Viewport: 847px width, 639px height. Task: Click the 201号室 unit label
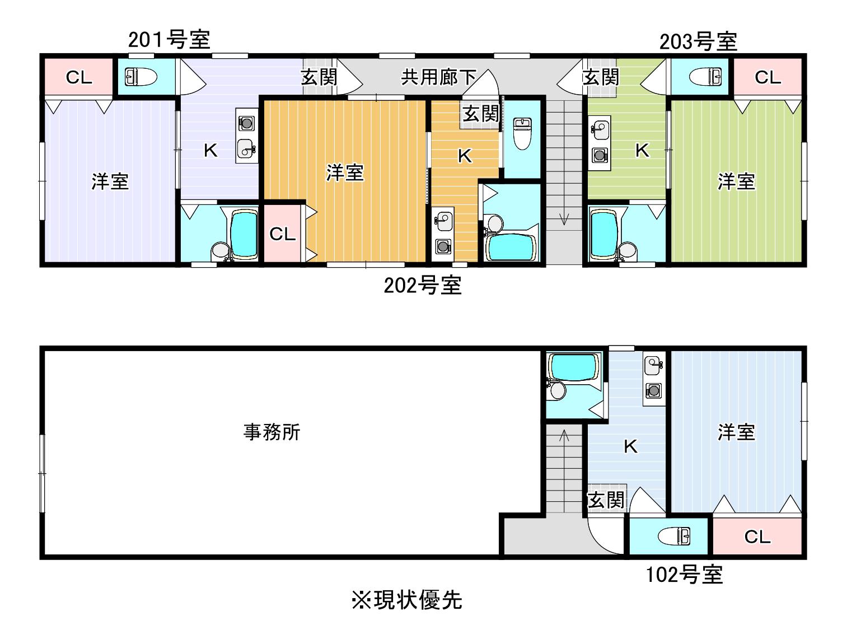pos(169,40)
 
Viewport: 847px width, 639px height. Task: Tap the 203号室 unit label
pos(698,42)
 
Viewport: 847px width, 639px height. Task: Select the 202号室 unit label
pos(423,286)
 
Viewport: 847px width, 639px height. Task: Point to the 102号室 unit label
pos(684,575)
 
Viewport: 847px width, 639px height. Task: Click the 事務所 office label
pos(272,432)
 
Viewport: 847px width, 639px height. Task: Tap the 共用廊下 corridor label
pos(438,77)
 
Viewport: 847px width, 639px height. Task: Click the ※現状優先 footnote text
pos(407,600)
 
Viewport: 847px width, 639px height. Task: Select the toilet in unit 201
pos(141,77)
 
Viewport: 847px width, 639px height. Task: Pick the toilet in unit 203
pos(705,77)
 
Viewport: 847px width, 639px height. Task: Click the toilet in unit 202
pos(522,133)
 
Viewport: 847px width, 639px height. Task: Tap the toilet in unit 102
pos(674,537)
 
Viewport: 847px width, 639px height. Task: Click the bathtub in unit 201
pos(244,234)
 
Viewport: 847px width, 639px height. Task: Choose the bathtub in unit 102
pos(574,367)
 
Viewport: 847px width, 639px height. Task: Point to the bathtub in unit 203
pos(604,234)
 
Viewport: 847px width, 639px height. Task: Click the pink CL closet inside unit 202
pos(283,234)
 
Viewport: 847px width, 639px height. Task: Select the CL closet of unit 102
pos(757,537)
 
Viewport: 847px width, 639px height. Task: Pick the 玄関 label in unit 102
pos(606,500)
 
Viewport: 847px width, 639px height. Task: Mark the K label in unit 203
pos(642,151)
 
